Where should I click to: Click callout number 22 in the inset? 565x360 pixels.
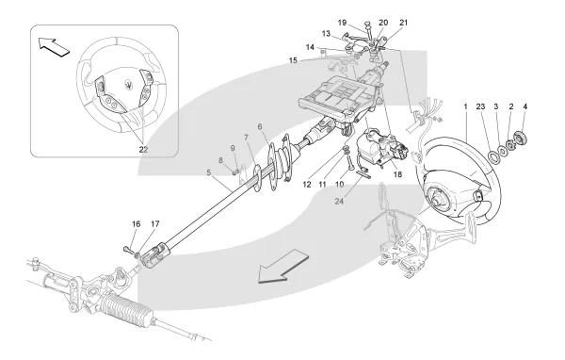coord(143,149)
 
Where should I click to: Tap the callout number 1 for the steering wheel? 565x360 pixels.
coord(465,106)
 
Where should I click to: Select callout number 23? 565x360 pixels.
coord(480,106)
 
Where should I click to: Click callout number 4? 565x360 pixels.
coord(525,106)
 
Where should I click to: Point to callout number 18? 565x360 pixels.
coord(397,174)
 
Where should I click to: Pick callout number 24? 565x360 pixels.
coord(339,202)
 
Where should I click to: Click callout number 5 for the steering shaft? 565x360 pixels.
coord(209,172)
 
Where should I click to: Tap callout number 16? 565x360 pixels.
coord(136,224)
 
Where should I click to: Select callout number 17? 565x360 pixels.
coord(155,224)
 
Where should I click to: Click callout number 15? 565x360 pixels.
coord(293,60)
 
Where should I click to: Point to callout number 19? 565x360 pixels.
coord(342,23)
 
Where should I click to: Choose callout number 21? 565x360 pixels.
coord(404,23)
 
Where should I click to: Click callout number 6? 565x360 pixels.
coord(260,126)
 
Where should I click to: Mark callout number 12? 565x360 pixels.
coord(307,185)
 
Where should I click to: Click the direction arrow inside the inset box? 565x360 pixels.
coord(54,46)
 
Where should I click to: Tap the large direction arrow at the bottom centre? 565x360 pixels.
coord(284,266)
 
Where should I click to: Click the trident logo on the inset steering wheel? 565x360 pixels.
coord(128,84)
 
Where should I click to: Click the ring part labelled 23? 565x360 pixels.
coord(492,156)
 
